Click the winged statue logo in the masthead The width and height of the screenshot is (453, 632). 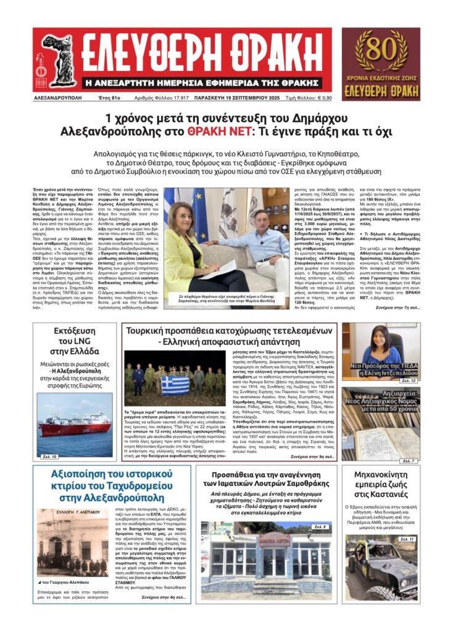point(57,60)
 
